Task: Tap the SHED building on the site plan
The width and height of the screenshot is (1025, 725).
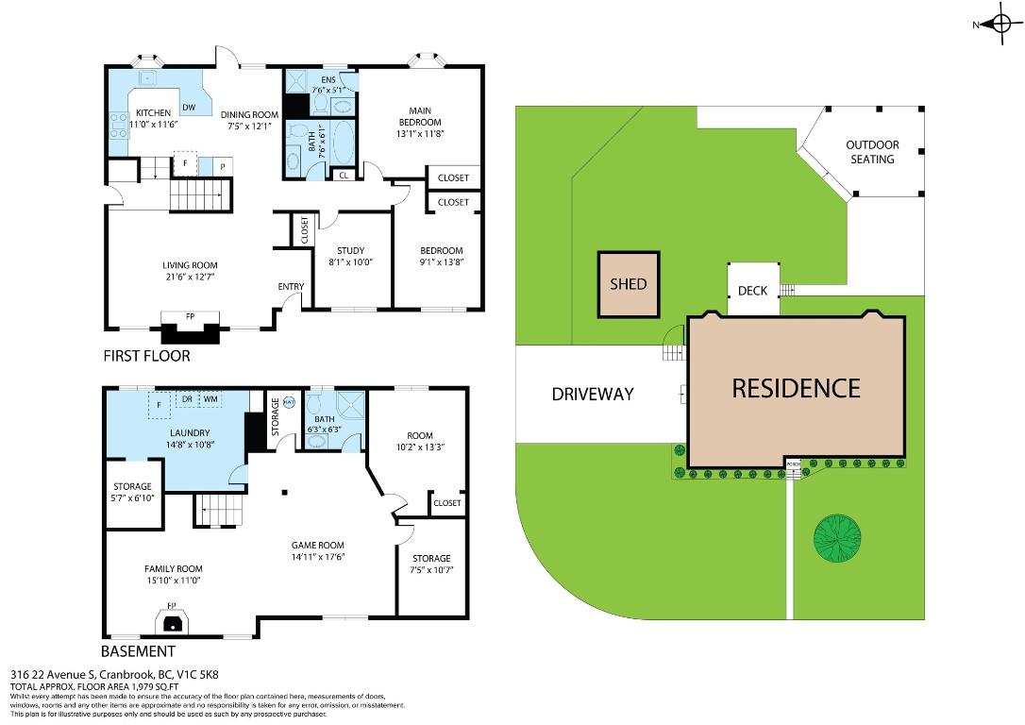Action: [628, 284]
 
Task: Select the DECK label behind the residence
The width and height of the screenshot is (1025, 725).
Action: [752, 291]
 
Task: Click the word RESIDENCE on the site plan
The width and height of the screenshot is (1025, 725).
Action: [796, 388]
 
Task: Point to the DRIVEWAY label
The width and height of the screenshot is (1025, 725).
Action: [592, 394]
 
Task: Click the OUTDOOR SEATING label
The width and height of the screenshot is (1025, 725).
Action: [871, 152]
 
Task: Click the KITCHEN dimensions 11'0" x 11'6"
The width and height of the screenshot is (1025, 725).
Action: [152, 125]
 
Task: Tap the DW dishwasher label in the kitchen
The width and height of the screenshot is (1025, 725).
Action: [189, 108]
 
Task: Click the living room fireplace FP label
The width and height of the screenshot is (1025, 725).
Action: [190, 317]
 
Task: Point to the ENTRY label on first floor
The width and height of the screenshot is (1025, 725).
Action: [291, 287]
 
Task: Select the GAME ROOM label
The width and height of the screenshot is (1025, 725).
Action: [317, 545]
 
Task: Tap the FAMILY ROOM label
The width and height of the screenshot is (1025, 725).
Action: [173, 568]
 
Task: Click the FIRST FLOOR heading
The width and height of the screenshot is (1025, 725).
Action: [146, 356]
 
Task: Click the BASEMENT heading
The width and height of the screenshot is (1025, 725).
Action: [137, 651]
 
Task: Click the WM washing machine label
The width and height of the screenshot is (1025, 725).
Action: [210, 399]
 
